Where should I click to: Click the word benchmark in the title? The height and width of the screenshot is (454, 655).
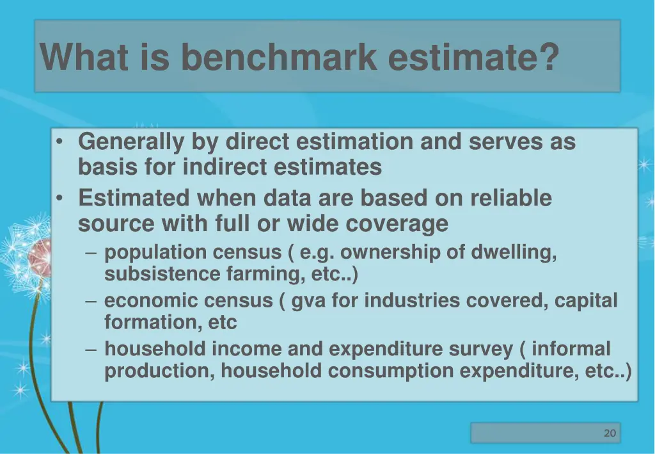[x=279, y=57]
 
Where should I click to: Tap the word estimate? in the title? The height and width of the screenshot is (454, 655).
[x=473, y=57]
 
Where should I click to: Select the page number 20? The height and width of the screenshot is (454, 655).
[x=610, y=434]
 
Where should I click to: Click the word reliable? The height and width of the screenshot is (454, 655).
[x=510, y=198]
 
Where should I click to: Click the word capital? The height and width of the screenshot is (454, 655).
[x=586, y=301]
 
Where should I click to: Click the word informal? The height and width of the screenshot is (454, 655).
[x=571, y=349]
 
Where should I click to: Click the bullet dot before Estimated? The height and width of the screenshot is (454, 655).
[x=59, y=199]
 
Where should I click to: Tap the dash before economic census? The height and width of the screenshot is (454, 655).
[x=91, y=301]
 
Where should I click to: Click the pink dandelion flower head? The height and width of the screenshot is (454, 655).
[x=40, y=251]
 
